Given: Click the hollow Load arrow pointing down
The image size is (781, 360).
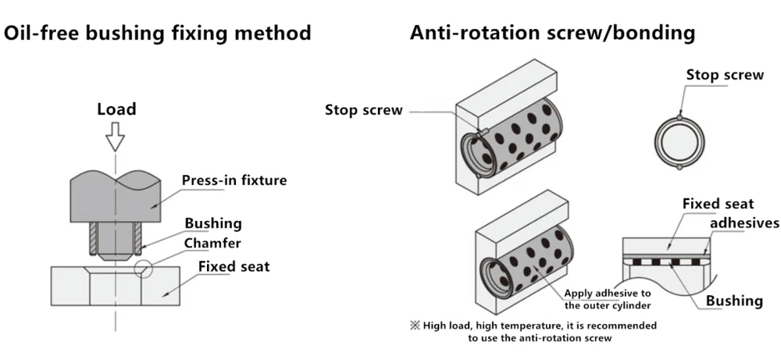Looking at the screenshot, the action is point(115,136).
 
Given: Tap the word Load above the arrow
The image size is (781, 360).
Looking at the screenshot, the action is point(116,109).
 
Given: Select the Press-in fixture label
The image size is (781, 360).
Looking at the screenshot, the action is point(234,180).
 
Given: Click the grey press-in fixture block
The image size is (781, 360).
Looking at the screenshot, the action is point(115,196).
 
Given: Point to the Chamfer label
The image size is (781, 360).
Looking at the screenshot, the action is point(212,244).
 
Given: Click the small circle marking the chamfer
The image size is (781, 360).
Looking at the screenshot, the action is point(142,269).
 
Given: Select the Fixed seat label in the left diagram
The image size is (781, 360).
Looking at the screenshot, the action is point(234,266).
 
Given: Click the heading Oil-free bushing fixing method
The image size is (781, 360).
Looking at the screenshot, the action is point(158,33).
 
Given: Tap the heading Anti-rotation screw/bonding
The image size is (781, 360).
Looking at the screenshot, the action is point(552,32).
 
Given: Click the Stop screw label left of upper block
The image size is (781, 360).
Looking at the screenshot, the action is point(364,109).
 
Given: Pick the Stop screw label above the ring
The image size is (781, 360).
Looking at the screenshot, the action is point(725,75).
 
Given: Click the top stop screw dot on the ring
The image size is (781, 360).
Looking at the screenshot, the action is point(679,117).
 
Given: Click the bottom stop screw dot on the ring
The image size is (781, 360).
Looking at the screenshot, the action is point(679,167).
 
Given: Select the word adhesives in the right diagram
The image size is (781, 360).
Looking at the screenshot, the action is point(744,223).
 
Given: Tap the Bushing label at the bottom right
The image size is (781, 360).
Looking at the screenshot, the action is point(734,301).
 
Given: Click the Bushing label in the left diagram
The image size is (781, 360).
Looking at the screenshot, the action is point(213,223).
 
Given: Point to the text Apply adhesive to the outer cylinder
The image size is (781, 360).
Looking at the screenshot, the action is point(608,299).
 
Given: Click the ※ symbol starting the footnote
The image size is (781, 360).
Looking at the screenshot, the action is point(415,326).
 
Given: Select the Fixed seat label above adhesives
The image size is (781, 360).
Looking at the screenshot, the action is point(719,204).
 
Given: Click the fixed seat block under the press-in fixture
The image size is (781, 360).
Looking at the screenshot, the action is point(115,286).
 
